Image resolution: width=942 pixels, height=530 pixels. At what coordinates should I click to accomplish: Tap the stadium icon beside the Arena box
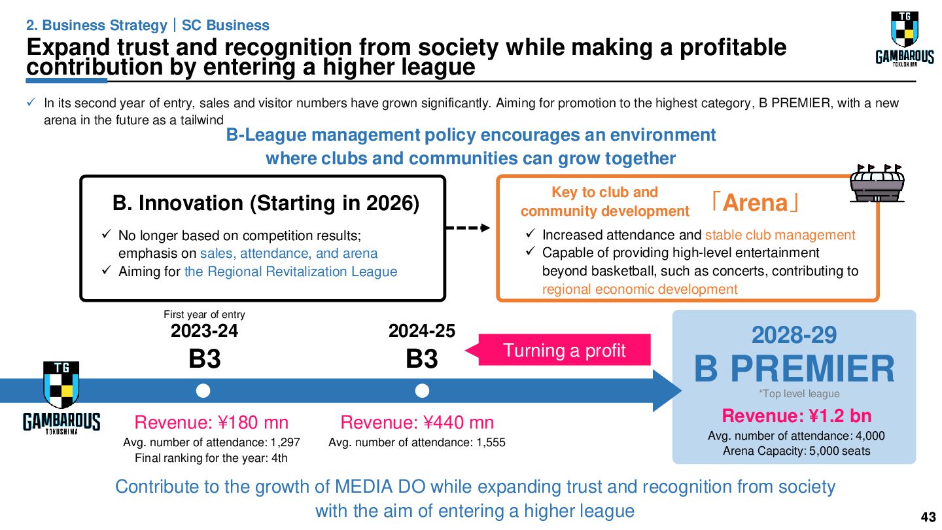[x=877, y=183]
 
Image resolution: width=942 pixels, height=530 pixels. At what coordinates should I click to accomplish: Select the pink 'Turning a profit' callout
[x=564, y=350]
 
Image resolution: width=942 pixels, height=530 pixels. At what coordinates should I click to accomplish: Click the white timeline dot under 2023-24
[x=203, y=391]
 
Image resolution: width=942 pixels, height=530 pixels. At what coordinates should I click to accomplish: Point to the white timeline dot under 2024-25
[x=422, y=391]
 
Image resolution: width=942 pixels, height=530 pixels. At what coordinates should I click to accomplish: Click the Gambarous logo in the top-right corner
[x=905, y=40]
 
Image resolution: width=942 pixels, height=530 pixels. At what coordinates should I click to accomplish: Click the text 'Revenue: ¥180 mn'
[x=211, y=422]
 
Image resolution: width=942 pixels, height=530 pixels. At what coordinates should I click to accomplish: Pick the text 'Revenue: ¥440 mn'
[x=417, y=422]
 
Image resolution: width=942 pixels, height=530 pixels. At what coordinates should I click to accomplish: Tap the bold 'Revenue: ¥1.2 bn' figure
[x=796, y=416]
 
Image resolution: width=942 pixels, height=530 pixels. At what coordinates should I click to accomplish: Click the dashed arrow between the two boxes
[x=467, y=228]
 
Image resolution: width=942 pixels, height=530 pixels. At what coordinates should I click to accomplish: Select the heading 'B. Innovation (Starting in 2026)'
[x=266, y=203]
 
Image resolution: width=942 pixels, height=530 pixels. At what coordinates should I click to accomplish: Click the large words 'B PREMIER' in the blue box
[x=794, y=369]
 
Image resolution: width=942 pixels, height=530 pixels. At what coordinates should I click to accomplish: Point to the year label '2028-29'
[x=794, y=335]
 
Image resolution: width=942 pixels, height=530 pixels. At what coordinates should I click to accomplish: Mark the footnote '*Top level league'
[x=799, y=394]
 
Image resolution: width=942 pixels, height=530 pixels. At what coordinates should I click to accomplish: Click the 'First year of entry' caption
[x=204, y=315]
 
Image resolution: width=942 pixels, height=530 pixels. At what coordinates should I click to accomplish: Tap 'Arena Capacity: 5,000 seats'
[x=796, y=451]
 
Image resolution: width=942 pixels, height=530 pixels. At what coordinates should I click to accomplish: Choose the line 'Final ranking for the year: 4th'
[x=211, y=458]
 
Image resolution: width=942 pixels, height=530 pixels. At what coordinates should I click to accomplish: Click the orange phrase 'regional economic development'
[x=640, y=289]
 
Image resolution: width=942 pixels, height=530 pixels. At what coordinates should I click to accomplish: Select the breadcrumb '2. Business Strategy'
[x=96, y=26]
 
